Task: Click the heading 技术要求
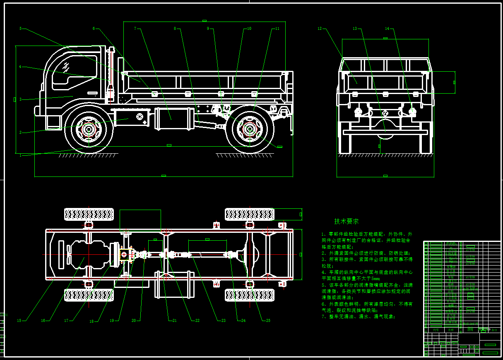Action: point(347,221)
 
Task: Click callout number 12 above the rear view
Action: point(320,29)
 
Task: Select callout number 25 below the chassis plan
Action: point(268,320)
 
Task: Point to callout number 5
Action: point(20,29)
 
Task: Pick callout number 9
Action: point(209,29)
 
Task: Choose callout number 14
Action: point(387,29)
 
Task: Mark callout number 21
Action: point(174,320)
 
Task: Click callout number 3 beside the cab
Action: point(20,99)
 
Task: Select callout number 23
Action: point(223,320)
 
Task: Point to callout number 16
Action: point(43,320)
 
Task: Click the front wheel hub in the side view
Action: point(89,129)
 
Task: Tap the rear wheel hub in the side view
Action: point(250,129)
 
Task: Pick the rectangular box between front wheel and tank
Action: point(131,118)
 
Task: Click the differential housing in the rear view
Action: point(385,124)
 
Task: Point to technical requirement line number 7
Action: point(359,317)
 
